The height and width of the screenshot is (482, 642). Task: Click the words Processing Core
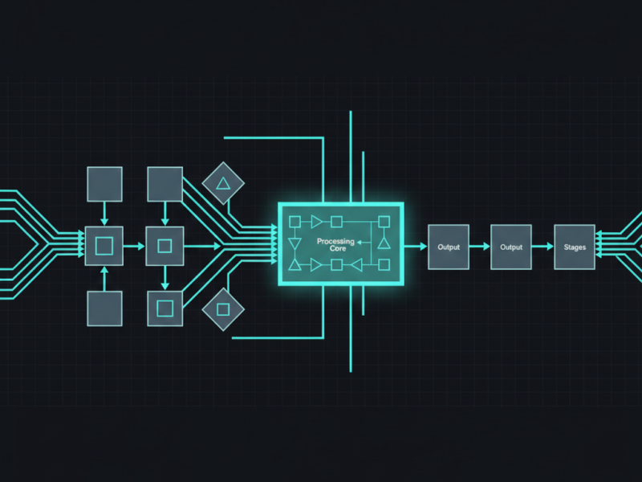coord(335,245)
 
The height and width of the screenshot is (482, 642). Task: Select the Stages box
coord(575,247)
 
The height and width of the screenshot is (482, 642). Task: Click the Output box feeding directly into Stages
coord(511,247)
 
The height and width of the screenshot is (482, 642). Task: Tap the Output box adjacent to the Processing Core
coord(449,247)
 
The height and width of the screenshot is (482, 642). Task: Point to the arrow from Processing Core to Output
coord(416,247)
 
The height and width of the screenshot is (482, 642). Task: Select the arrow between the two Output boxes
coord(479,247)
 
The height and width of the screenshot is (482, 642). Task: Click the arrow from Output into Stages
coord(542,247)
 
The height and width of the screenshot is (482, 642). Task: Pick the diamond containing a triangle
coord(223,183)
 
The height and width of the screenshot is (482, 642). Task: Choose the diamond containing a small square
coord(223,309)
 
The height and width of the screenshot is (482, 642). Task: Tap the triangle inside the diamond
coord(223,184)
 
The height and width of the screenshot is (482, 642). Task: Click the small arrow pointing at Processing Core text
coord(364,243)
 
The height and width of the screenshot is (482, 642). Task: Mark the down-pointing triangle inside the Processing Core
coord(295,244)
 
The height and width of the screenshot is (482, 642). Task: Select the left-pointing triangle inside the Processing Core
coord(356,265)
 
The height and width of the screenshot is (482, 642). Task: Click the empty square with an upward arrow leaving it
coord(104,308)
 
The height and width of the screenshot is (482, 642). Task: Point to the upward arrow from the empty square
coord(104,279)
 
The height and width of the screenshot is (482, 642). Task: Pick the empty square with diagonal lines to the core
coord(165,184)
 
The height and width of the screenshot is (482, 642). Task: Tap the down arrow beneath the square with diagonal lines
coord(165,214)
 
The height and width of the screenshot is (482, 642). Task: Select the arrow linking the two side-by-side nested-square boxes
coord(134,247)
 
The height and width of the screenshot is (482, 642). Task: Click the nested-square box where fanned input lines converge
coord(104,246)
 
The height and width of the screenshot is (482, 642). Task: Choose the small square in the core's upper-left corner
coord(295,222)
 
